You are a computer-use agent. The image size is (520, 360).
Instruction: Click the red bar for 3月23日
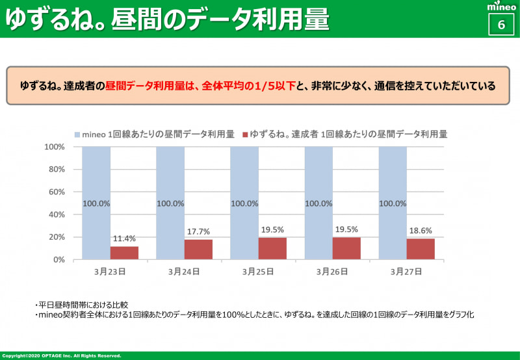click(124, 253)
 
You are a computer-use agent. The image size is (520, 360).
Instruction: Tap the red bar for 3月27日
click(421, 249)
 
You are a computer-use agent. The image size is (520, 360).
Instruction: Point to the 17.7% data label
click(198, 232)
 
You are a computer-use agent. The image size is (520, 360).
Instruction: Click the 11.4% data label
click(124, 239)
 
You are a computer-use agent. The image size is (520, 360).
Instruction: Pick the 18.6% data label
click(421, 231)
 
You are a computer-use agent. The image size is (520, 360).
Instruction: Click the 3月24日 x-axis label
click(184, 272)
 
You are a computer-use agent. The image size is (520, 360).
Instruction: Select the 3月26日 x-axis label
click(332, 272)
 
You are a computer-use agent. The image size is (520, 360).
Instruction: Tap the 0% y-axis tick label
click(58, 259)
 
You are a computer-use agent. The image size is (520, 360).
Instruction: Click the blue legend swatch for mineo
click(77, 135)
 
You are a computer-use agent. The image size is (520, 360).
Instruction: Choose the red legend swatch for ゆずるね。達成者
click(245, 135)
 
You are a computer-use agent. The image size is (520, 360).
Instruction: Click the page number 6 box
click(501, 25)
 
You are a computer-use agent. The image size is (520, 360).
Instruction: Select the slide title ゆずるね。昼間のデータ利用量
click(167, 19)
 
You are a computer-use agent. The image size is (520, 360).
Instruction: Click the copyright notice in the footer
click(62, 356)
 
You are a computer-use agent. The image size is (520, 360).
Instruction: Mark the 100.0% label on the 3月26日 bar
click(318, 203)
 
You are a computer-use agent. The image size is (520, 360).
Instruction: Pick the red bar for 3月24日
click(198, 250)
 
